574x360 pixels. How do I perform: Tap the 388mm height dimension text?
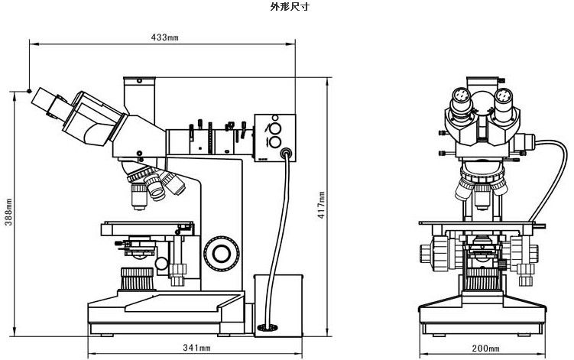coord(8,212)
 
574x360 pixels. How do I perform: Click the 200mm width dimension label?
coord(482,349)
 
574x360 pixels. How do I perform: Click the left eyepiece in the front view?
coord(462,101)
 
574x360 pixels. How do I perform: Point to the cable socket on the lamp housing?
coord(287,153)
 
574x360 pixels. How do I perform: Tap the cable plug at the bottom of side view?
coord(268,328)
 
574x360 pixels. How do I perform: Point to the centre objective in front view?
coord(482,196)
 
